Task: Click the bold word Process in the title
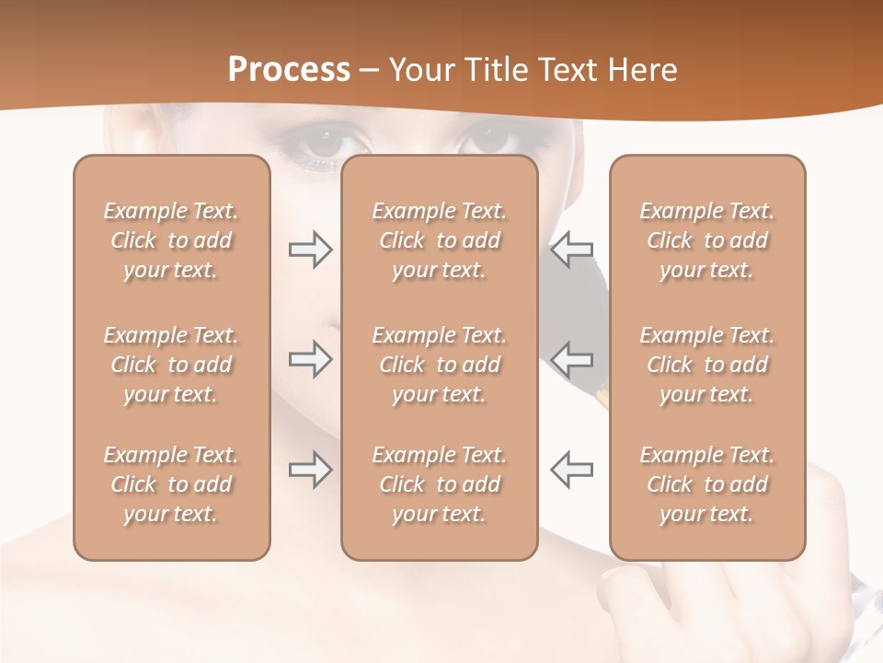coord(289,70)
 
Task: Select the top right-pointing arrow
coord(311,250)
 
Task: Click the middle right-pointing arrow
coord(311,358)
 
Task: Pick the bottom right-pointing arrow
coord(311,470)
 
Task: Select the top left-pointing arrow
coord(572,250)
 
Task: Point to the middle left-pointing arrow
coord(572,358)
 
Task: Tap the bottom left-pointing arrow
coord(572,470)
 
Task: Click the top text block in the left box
coord(171,240)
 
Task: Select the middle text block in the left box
coord(171,365)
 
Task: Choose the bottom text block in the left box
coord(171,484)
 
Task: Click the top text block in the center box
coord(440,240)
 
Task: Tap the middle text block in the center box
coord(440,365)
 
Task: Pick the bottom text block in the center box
coord(440,484)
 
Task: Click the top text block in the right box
coord(707,240)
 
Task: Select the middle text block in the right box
coord(707,365)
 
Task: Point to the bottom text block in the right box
coord(707,484)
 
